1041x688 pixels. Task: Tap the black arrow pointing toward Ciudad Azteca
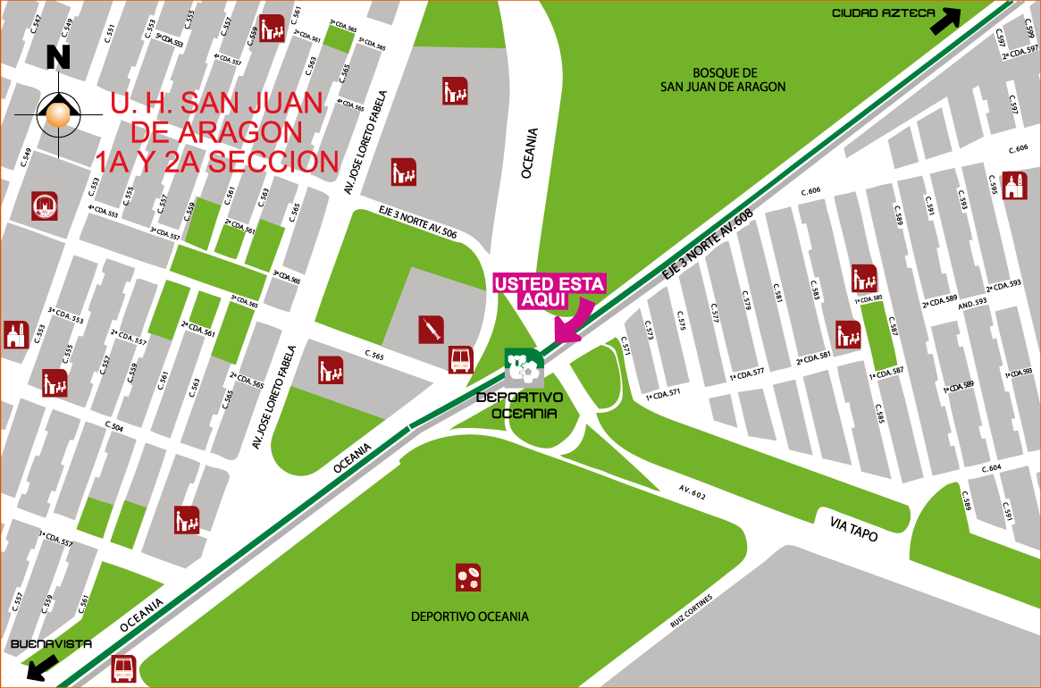tap(946, 21)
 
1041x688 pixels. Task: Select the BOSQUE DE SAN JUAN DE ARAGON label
tap(723, 80)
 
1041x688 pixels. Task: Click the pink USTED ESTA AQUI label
tap(550, 291)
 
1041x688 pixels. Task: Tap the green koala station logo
tap(524, 366)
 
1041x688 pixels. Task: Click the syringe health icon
tap(432, 330)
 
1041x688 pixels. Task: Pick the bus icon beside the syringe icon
tap(461, 360)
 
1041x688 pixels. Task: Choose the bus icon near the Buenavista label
tap(124, 668)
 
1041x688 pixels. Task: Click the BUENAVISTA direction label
tap(49, 644)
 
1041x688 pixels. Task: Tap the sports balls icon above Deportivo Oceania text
tap(468, 577)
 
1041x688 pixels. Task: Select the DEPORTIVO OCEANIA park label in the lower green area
tap(469, 617)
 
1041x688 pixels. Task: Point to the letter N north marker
tap(58, 56)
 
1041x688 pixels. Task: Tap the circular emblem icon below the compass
tap(45, 206)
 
